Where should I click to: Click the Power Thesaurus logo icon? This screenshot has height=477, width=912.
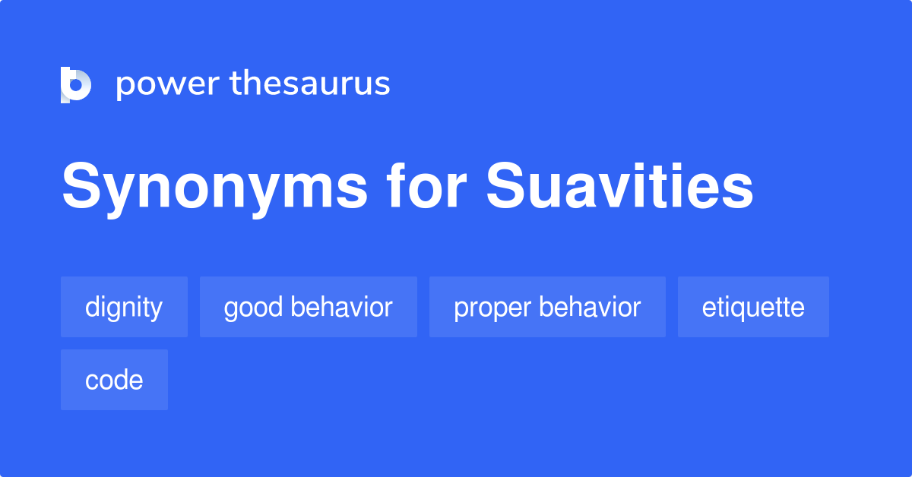tap(76, 84)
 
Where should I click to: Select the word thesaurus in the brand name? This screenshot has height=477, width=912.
tap(310, 84)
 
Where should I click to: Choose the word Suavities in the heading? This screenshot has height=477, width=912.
tap(620, 188)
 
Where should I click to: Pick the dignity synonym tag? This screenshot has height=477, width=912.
tap(124, 307)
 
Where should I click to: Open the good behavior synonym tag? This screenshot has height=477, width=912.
tap(308, 307)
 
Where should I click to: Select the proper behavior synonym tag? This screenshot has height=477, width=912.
tap(547, 307)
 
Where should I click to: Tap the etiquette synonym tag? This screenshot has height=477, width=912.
tap(753, 307)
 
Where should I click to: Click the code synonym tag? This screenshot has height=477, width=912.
tap(114, 380)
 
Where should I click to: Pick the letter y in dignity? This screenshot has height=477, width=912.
tap(156, 310)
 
